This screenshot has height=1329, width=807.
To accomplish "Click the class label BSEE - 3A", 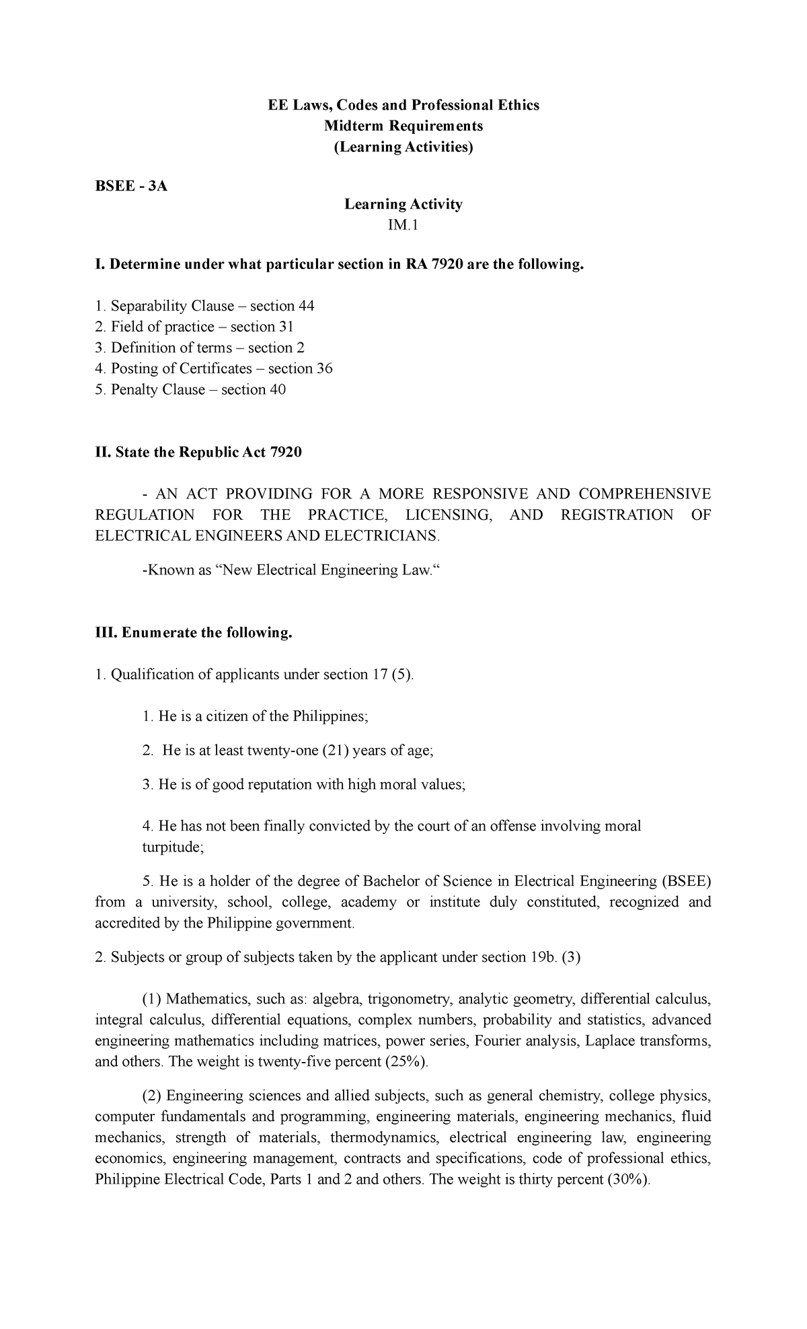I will click(x=130, y=186).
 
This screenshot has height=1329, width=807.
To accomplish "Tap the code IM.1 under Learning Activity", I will click(x=403, y=225).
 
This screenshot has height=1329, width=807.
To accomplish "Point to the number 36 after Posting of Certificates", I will click(x=325, y=369).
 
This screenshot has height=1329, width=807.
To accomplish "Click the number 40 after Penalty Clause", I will click(x=278, y=389).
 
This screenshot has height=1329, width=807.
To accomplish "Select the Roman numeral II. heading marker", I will click(x=103, y=453).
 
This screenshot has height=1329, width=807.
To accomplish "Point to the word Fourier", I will click(x=498, y=1041).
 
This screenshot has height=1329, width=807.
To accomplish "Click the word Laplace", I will click(x=610, y=1041).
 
